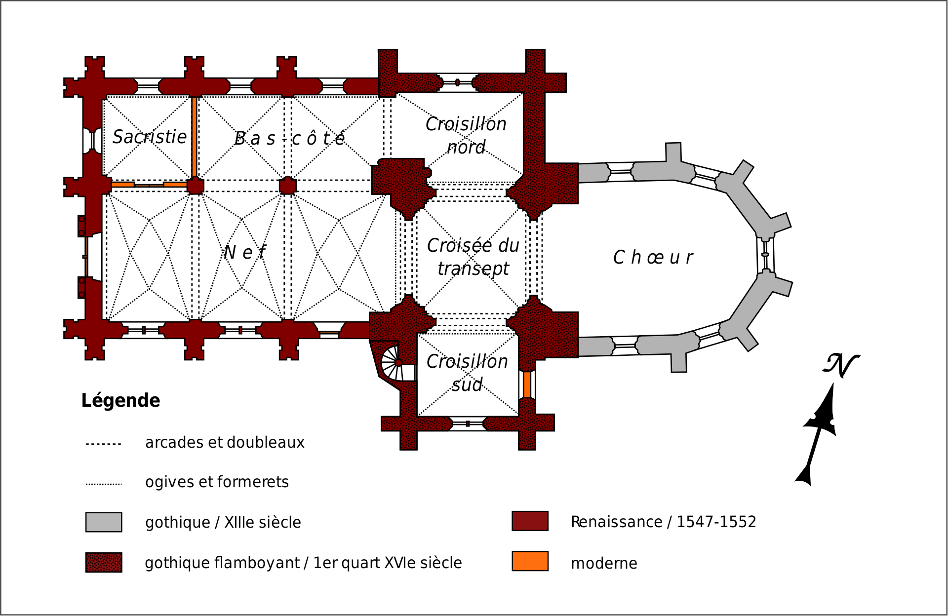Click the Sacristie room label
(x=150, y=137)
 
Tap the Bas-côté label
(x=289, y=139)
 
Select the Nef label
(x=244, y=252)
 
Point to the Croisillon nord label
(x=466, y=135)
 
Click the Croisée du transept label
(x=473, y=257)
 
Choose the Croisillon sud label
(x=467, y=373)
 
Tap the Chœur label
(x=653, y=257)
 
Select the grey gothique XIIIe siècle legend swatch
(x=104, y=522)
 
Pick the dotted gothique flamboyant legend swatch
(x=104, y=562)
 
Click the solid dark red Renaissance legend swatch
(x=530, y=521)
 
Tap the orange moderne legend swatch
(x=530, y=561)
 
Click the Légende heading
(x=120, y=400)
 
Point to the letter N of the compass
(x=840, y=365)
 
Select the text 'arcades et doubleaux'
(x=225, y=442)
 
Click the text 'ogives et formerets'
(x=217, y=482)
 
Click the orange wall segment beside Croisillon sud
(x=527, y=385)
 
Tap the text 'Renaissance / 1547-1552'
(x=663, y=522)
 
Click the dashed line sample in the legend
(x=104, y=444)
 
